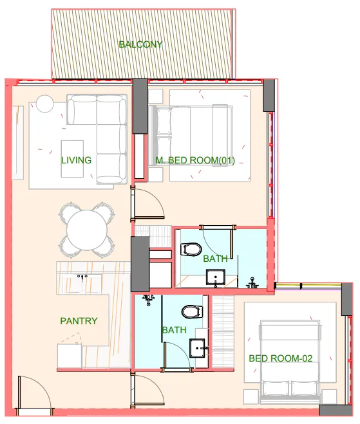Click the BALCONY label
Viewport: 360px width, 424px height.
[x=140, y=44]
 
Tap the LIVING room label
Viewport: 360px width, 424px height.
[x=76, y=160]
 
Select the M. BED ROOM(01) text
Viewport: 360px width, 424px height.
[x=195, y=160]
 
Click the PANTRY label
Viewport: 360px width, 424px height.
[x=79, y=320]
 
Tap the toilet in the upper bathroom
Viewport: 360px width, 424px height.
[x=192, y=249]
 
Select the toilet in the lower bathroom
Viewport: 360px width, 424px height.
[x=191, y=313]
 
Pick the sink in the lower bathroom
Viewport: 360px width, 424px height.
[x=198, y=347]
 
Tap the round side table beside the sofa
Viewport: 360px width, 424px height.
[x=45, y=103]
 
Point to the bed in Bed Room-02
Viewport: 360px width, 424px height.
[x=291, y=360]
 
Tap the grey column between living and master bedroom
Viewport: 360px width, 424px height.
[x=140, y=106]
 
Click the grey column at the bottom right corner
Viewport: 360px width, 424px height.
[x=336, y=410]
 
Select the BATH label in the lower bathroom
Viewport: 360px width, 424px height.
[x=174, y=330]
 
